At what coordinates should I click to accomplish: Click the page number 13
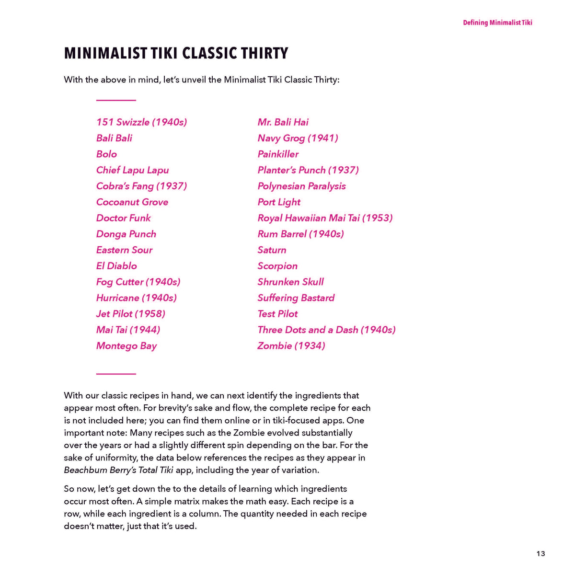pos(540,553)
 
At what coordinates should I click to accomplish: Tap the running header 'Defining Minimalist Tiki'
pos(497,23)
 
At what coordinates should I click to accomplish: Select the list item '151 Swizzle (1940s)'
pos(141,122)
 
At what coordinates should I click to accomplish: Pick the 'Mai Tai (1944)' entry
pos(128,330)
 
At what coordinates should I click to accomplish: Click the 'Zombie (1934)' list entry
pos(291,346)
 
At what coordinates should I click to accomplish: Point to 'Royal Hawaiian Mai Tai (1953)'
pos(325,218)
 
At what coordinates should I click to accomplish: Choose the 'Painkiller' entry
pos(278,154)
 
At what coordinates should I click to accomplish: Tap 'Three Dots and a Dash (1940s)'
pos(326,330)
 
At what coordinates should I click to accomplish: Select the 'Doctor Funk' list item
pos(123,218)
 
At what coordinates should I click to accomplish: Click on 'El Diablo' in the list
pos(116,266)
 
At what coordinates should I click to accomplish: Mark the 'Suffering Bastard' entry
pos(296,298)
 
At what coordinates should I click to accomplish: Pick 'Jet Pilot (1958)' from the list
pos(130,314)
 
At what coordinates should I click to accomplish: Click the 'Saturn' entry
pos(272,250)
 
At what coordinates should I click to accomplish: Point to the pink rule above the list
pos(116,100)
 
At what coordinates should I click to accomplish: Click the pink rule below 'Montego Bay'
pos(116,374)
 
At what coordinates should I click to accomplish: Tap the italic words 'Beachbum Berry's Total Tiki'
pos(118,470)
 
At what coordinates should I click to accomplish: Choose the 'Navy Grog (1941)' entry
pos(298,138)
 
